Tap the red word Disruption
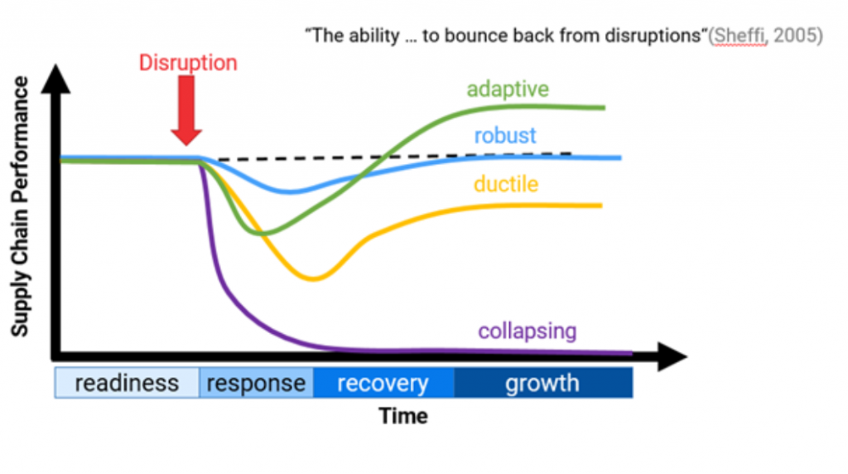(188, 62)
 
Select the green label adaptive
(508, 89)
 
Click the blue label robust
(505, 135)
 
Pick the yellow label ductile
(506, 183)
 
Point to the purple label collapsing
(527, 331)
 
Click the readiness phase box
(127, 384)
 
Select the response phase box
(256, 384)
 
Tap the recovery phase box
(383, 384)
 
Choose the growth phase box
(542, 384)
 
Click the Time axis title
(403, 416)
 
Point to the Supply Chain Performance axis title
(20, 206)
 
